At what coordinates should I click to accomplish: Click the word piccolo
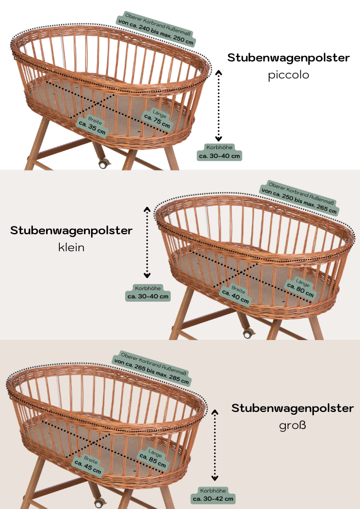click(x=289, y=75)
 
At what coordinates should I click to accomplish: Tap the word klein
click(x=71, y=247)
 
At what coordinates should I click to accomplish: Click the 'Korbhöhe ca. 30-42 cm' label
click(x=213, y=495)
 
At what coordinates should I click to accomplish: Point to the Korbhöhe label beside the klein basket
click(x=148, y=292)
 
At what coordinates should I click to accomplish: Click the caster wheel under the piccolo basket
click(x=103, y=163)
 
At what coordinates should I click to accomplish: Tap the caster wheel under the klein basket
click(x=248, y=333)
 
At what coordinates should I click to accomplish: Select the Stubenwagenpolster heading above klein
click(x=71, y=230)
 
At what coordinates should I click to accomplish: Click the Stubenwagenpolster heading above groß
click(x=292, y=408)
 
